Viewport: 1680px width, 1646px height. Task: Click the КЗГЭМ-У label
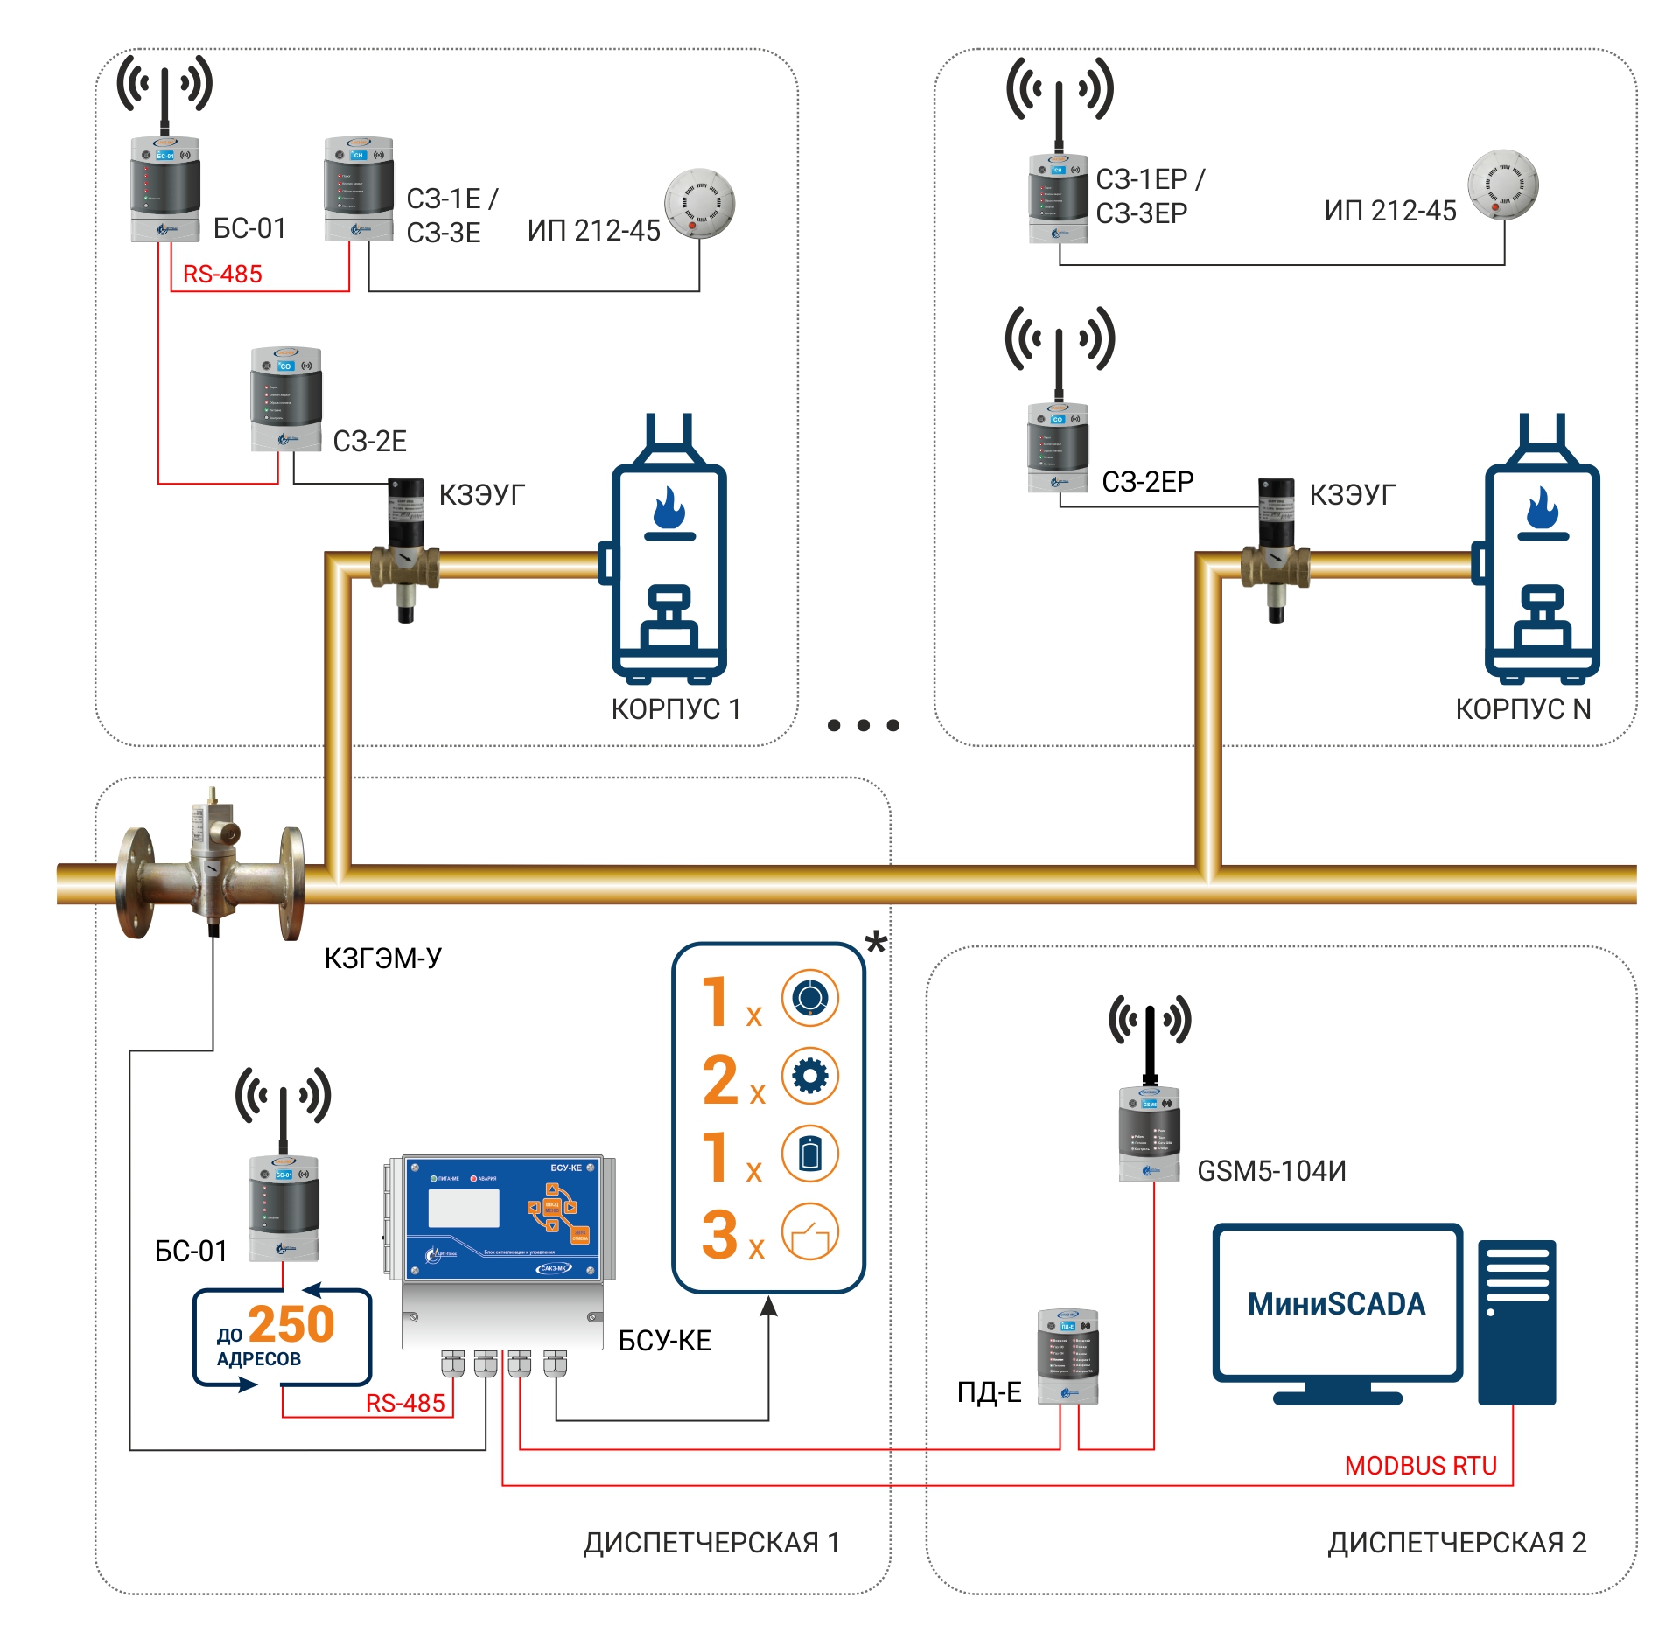(382, 959)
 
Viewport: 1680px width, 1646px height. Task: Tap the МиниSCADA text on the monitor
(1336, 1304)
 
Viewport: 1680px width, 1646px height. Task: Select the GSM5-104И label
(1271, 1171)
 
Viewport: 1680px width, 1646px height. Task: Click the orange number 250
(291, 1324)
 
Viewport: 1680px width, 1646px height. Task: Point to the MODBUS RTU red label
(1420, 1466)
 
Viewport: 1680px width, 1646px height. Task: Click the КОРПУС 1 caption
(675, 709)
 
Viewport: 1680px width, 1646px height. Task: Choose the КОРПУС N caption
(1522, 709)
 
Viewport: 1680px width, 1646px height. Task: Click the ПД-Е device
(1067, 1357)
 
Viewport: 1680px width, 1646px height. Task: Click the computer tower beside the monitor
(1516, 1322)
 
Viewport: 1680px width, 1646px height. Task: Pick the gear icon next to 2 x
(809, 1076)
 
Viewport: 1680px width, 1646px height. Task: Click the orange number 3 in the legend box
(720, 1235)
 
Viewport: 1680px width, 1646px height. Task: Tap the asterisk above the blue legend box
(876, 943)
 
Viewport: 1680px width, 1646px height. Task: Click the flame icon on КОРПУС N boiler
(1543, 509)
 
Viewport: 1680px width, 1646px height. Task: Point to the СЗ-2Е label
(369, 442)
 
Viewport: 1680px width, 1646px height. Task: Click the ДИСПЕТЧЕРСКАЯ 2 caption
(1457, 1543)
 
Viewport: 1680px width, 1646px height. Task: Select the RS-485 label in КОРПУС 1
(222, 275)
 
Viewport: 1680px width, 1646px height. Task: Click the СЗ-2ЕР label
(1147, 482)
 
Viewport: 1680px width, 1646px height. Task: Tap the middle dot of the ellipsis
(864, 725)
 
